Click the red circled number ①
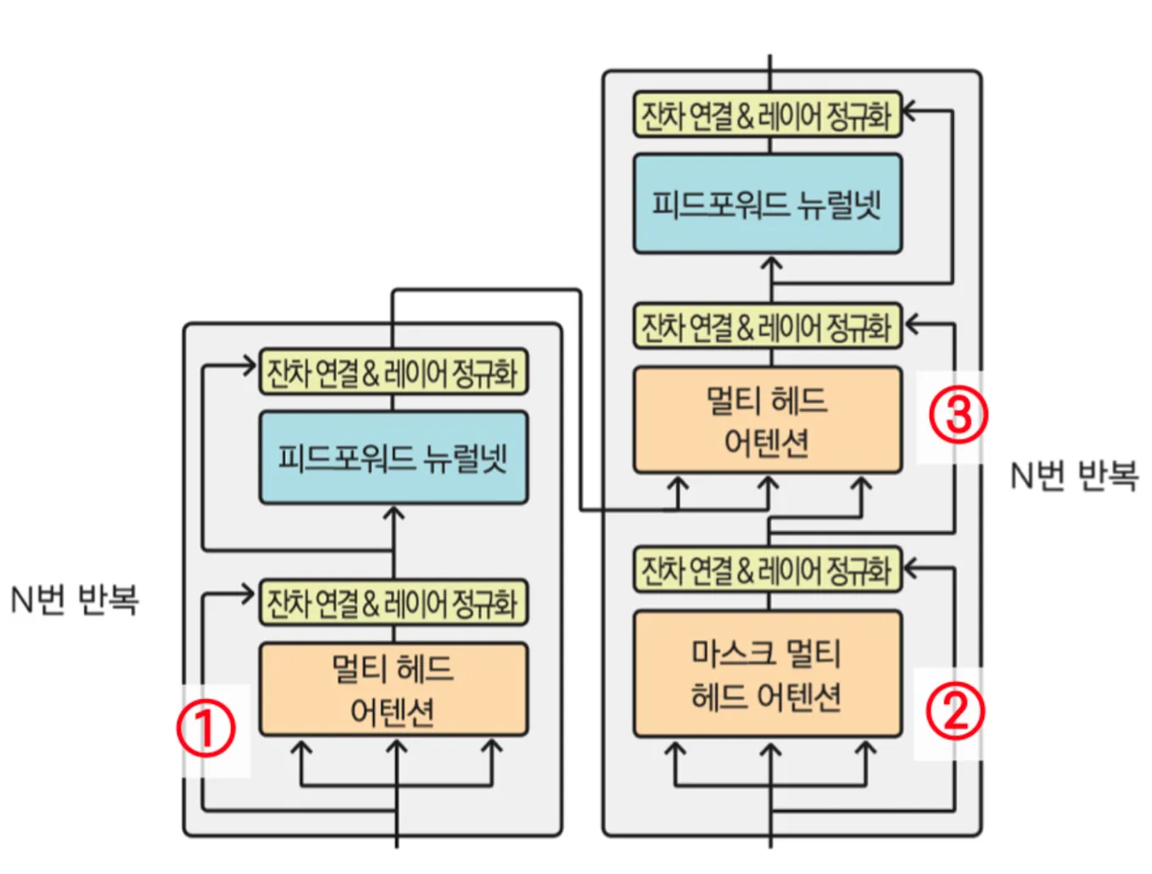pos(205,728)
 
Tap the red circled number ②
pos(954,711)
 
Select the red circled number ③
pos(958,415)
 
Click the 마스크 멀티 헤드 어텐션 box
pos(767,675)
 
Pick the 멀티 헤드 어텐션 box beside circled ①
pos(393,689)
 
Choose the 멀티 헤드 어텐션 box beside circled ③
pos(767,420)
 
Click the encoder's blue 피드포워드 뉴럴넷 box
pos(393,458)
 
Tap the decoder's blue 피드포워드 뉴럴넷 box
pos(767,204)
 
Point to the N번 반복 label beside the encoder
pos(75,599)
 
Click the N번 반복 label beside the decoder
pos(1073,475)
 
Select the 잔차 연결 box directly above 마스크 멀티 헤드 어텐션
pos(767,569)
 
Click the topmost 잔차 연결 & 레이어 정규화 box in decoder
pos(767,115)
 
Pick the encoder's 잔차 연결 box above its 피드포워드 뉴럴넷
pos(393,372)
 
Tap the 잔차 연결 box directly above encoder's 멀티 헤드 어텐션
pos(393,602)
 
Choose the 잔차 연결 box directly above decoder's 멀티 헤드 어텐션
pos(767,327)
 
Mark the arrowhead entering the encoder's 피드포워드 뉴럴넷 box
pos(393,513)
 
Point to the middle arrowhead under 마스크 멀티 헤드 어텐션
pos(770,750)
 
